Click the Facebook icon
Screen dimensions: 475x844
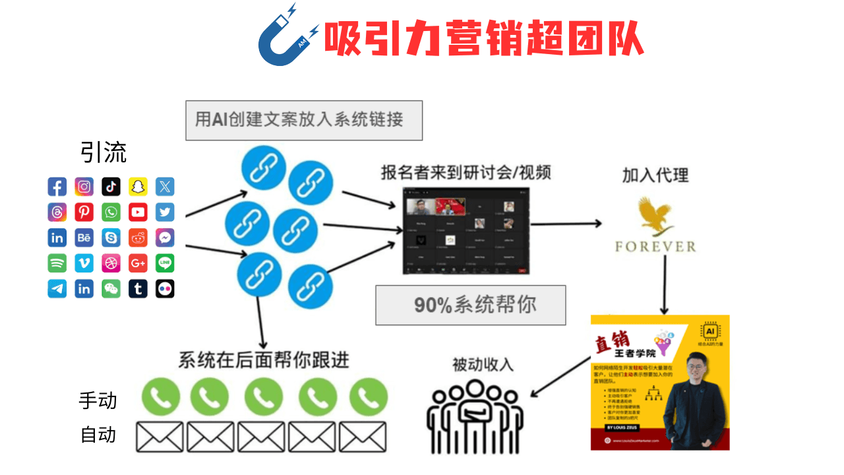pos(57,187)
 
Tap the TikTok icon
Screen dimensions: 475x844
pos(111,187)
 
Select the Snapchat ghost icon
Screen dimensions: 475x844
pos(138,187)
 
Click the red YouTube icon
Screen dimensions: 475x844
pos(138,212)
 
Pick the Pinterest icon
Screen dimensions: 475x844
pos(84,212)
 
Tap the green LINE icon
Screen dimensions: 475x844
pos(165,263)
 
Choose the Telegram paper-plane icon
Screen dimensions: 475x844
pos(57,288)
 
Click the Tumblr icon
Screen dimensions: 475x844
pos(138,288)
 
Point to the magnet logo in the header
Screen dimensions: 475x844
pos(286,36)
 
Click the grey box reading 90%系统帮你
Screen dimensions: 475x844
pos(471,305)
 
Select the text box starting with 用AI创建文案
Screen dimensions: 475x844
pos(304,120)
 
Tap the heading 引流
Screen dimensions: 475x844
pos(104,153)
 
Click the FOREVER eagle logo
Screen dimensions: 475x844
pos(655,227)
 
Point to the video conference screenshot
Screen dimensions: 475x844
pos(466,230)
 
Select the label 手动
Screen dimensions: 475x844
pos(98,400)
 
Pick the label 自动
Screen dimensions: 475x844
pos(98,435)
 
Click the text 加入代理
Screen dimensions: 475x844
pos(655,175)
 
